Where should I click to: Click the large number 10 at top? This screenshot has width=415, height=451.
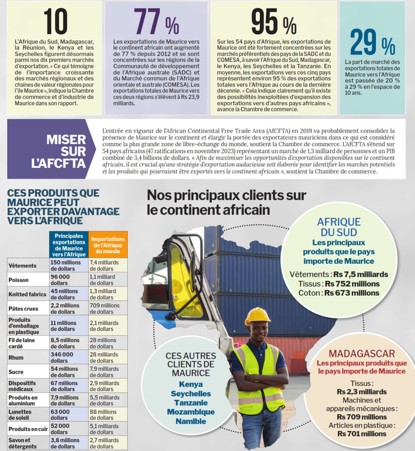[55, 21]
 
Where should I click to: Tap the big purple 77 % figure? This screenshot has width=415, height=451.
[156, 21]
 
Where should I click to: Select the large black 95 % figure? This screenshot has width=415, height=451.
[274, 21]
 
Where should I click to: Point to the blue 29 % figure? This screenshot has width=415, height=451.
[373, 42]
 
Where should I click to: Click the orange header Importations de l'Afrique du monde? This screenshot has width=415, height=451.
[108, 245]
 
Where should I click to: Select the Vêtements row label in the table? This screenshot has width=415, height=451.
[23, 266]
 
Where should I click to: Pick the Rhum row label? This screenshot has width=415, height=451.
[16, 358]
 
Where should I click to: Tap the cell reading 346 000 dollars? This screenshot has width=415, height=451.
[62, 357]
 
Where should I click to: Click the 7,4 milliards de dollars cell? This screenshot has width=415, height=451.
[104, 265]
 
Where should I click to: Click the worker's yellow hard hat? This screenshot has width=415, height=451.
[258, 315]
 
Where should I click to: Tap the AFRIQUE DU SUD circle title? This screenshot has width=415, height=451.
[338, 227]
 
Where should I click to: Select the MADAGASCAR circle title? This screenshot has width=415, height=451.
[362, 353]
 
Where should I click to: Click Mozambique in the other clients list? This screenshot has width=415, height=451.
[191, 412]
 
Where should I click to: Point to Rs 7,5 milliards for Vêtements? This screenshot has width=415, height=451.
[361, 274]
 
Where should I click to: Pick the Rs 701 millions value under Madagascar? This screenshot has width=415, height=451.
[362, 434]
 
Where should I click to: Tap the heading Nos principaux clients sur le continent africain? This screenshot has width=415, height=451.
[226, 202]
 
